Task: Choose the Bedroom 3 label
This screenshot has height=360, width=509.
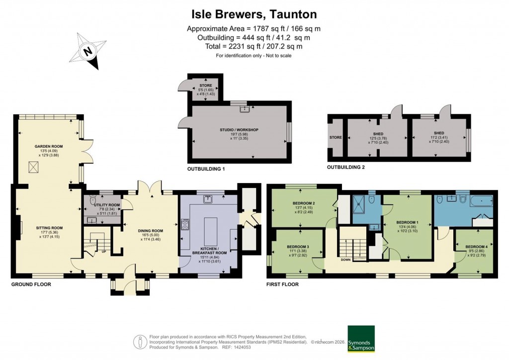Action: [x=298, y=247]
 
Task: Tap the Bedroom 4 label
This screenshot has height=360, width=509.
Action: [x=476, y=247]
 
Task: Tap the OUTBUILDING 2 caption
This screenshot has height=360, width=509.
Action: [x=346, y=167]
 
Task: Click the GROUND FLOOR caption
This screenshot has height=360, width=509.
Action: [x=31, y=284]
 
